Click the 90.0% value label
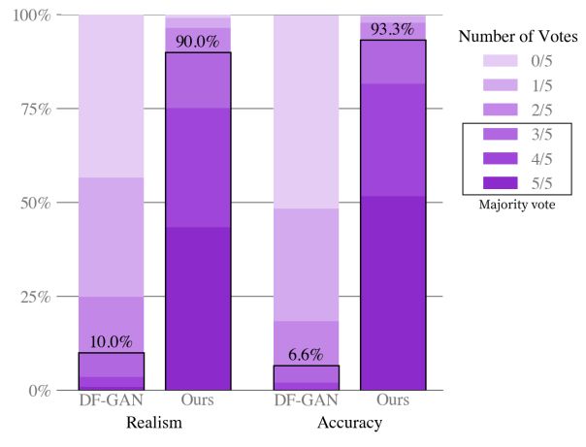coord(198,43)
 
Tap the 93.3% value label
coord(393,30)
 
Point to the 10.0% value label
coord(111,343)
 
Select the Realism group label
coord(154,424)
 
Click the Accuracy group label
coord(349,424)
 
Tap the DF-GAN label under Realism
coord(111,400)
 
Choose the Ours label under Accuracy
coord(393,400)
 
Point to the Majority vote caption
coord(517,206)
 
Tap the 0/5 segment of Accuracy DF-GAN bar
coord(306,112)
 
